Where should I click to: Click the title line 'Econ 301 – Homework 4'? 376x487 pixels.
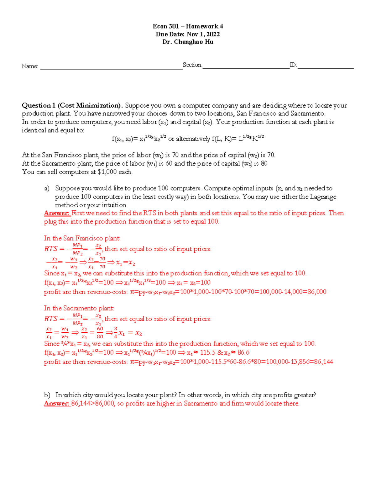[188, 26]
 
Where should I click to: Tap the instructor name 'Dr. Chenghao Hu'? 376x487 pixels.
[188, 42]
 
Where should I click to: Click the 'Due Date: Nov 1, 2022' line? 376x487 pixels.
[188, 34]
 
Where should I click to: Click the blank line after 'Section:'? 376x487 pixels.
[246, 66]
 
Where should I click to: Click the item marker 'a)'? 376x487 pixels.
[47, 188]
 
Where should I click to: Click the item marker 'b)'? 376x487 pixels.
[47, 395]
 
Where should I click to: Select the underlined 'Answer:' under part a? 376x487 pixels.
[57, 213]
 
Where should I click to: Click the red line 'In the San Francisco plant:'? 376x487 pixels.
[82, 238]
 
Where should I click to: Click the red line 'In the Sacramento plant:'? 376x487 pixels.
[79, 308]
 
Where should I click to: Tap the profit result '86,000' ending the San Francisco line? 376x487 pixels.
[316, 292]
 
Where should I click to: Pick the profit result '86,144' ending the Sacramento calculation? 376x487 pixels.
[323, 362]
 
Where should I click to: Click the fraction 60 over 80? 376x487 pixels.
[100, 333]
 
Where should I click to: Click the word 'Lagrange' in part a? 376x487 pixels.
[323, 197]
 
